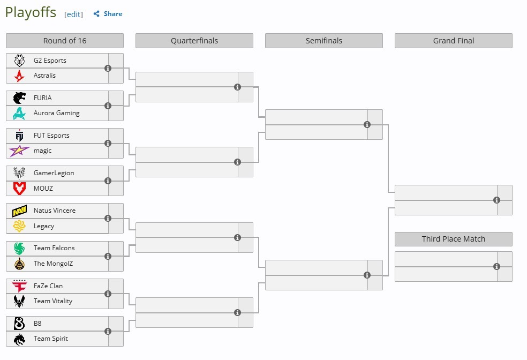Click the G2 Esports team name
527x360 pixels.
point(50,61)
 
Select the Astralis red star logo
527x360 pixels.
point(19,76)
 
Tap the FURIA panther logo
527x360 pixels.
point(19,98)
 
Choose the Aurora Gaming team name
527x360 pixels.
point(56,113)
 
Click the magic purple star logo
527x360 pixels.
point(19,151)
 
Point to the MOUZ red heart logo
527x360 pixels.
point(19,188)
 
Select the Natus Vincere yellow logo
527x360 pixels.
point(19,211)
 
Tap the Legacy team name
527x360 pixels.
point(44,226)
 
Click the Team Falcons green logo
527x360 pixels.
point(19,249)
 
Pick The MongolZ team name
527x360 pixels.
point(53,264)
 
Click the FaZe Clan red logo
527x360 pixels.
point(19,286)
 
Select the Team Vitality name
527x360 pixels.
point(53,301)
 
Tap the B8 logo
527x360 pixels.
point(19,324)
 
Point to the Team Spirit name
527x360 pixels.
point(51,339)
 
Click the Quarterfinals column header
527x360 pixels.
point(194,41)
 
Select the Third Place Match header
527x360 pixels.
point(454,239)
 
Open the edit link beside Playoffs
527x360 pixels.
point(73,14)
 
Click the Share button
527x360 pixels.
point(108,14)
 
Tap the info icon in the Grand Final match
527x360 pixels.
point(496,200)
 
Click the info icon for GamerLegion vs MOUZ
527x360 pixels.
point(108,181)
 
